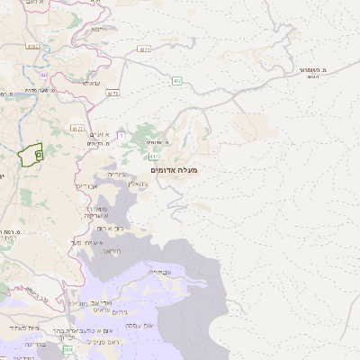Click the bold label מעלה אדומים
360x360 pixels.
(176, 169)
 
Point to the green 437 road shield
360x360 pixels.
(177, 81)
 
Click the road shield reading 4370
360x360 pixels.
(112, 93)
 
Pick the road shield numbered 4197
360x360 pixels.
(33, 45)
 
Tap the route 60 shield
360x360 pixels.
(43, 76)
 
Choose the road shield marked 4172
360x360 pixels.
(76, 128)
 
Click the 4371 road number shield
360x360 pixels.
(145, 50)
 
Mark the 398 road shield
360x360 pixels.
(67, 348)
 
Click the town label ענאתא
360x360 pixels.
(91, 83)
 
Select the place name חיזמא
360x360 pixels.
(99, 29)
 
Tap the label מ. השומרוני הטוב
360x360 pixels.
(312, 72)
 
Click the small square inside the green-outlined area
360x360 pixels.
(39, 155)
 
